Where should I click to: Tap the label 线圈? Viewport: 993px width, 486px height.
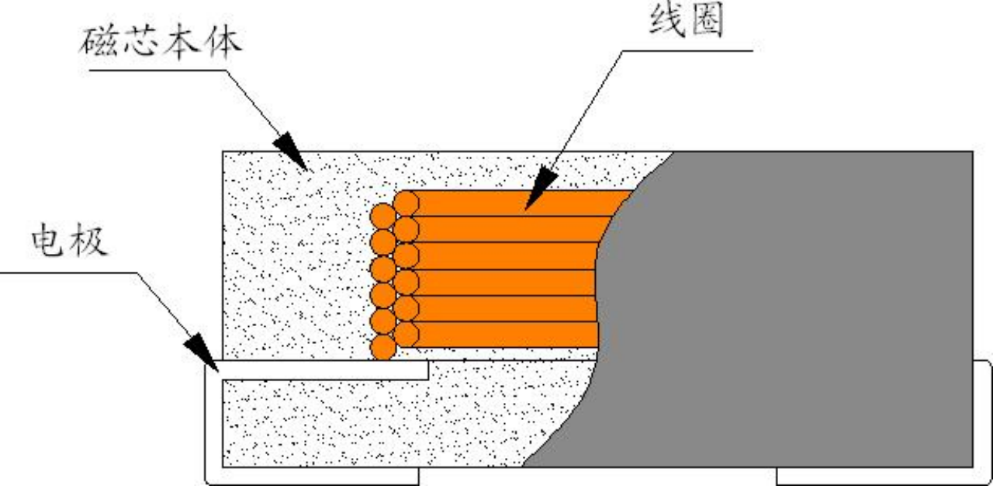coord(686,23)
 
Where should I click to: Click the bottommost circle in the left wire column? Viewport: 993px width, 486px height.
coord(382,347)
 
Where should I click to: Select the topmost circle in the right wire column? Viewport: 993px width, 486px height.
coord(406,203)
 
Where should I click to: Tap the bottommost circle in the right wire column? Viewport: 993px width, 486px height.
coord(406,335)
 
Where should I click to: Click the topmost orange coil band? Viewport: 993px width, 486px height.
coord(520,203)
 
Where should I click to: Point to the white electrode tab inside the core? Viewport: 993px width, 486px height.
coord(326,370)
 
